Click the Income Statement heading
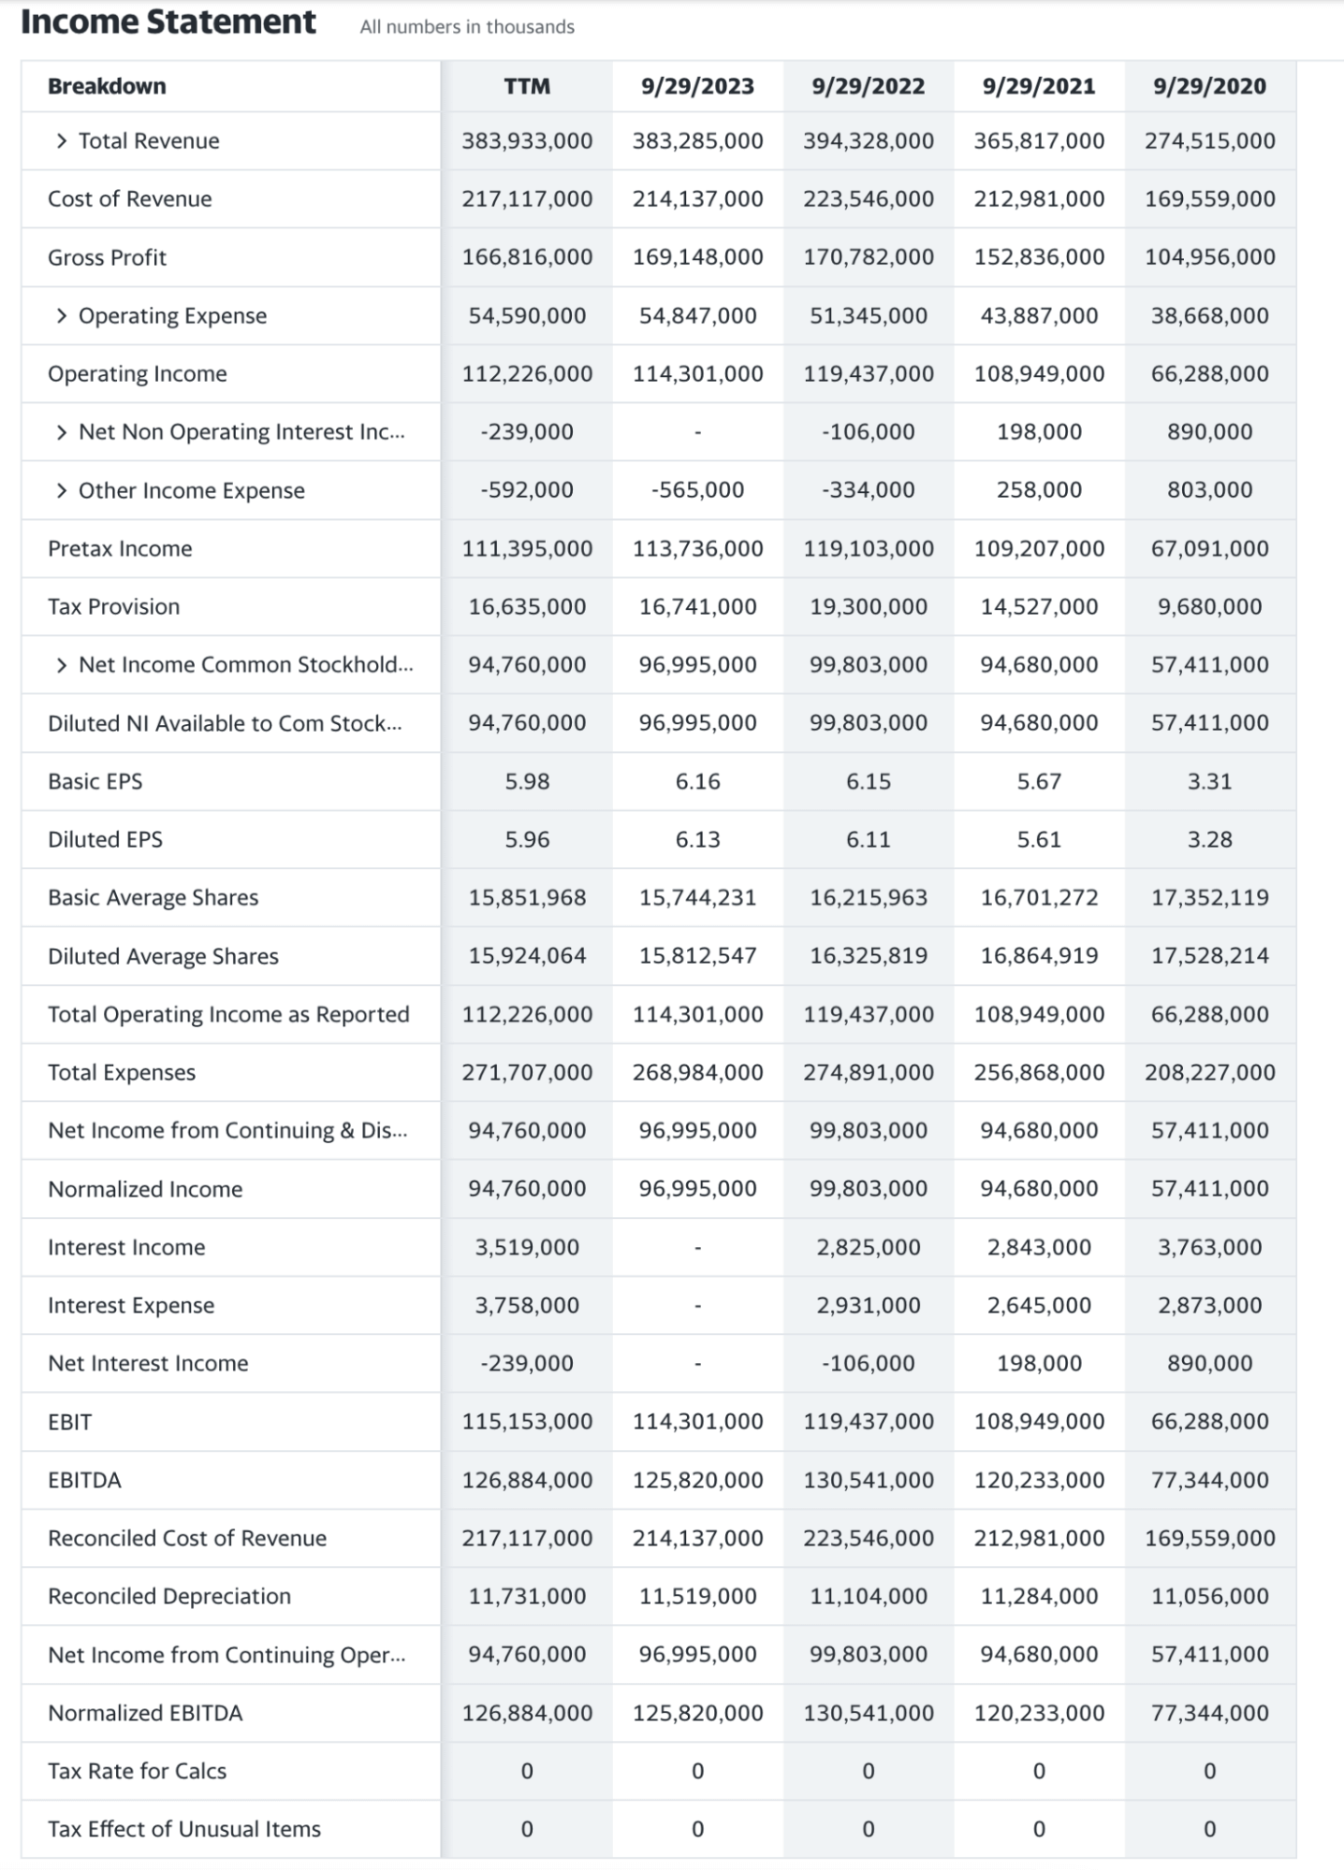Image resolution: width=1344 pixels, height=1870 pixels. (168, 22)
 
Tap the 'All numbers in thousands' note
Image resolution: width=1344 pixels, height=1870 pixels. (467, 27)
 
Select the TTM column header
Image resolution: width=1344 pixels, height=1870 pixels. (527, 86)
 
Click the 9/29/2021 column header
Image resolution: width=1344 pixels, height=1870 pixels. (1039, 86)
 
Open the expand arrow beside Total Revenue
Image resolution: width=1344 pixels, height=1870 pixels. (62, 141)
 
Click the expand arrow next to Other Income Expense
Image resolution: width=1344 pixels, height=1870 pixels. (62, 491)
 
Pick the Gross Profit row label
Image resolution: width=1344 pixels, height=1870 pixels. (107, 257)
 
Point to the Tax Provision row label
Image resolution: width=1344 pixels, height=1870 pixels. (113, 606)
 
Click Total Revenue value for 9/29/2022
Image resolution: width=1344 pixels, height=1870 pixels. (868, 141)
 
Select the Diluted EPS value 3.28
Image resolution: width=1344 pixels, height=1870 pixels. (1209, 839)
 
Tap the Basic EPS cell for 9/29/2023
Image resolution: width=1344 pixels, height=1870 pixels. (697, 781)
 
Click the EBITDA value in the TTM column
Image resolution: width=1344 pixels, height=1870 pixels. (527, 1480)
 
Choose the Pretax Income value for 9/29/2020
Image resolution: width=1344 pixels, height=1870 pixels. (1209, 548)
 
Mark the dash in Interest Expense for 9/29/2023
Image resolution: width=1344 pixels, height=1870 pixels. (697, 1305)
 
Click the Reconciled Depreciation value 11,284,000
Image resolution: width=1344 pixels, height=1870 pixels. (1039, 1596)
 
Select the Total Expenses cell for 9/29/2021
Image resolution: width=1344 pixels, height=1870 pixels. (1039, 1072)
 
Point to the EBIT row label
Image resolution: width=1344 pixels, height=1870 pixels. (70, 1422)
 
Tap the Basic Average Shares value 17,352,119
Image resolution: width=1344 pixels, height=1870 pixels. (1209, 897)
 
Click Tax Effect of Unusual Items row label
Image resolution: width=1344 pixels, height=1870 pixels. (184, 1829)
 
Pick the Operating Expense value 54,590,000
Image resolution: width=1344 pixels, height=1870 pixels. (527, 315)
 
